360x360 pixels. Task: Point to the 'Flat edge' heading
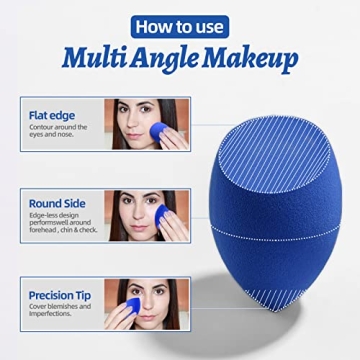(x=52, y=114)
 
